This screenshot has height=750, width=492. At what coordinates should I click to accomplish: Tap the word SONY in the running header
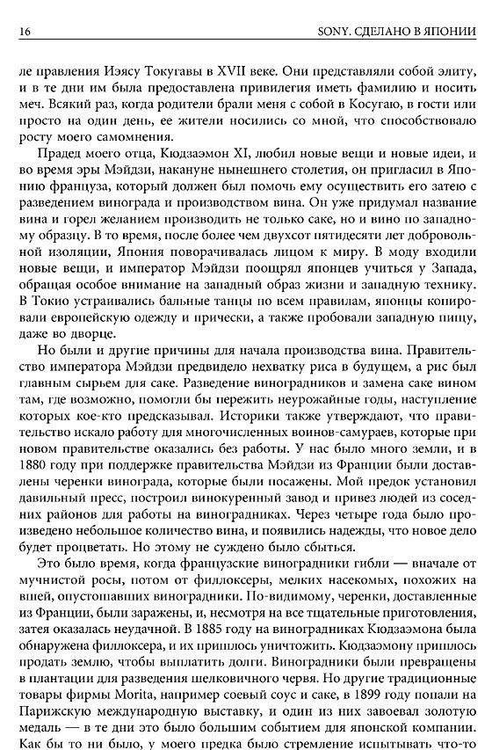tap(332, 33)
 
